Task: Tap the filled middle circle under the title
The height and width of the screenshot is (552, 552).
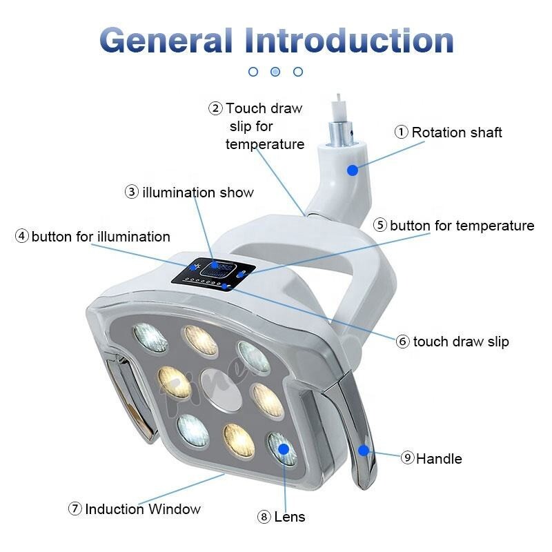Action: (275, 71)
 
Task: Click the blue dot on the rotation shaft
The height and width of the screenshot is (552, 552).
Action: (353, 169)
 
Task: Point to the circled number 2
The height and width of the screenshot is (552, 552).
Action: (216, 108)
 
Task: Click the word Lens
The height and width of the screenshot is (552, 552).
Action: (290, 516)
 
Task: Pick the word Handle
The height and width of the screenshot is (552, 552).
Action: (439, 458)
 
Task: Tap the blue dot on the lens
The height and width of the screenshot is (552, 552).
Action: (282, 449)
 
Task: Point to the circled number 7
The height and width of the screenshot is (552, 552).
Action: (75, 509)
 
